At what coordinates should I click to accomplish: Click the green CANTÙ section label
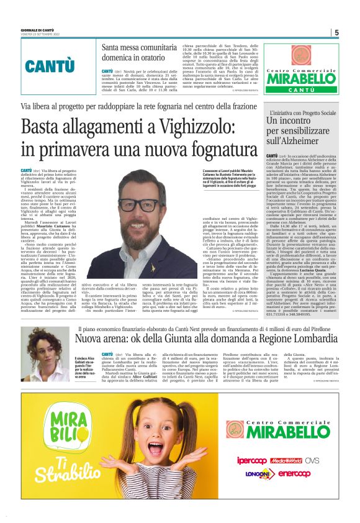(49, 66)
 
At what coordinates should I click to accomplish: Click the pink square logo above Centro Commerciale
(302, 55)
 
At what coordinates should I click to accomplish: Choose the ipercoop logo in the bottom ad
(251, 478)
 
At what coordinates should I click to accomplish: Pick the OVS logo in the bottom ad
(312, 478)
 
